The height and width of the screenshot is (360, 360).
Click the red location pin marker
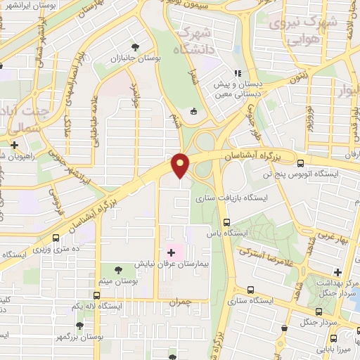181,166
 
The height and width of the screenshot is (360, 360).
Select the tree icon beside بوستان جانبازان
134,48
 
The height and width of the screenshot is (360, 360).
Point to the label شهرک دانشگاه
194,41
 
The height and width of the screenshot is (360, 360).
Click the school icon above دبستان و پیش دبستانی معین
238,72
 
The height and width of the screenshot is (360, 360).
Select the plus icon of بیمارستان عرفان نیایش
172,252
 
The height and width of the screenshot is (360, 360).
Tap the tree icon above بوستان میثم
117,269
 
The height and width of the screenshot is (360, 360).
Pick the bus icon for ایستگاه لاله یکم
97,296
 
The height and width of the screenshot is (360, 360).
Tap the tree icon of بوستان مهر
79,326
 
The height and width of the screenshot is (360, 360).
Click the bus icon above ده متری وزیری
56,238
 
